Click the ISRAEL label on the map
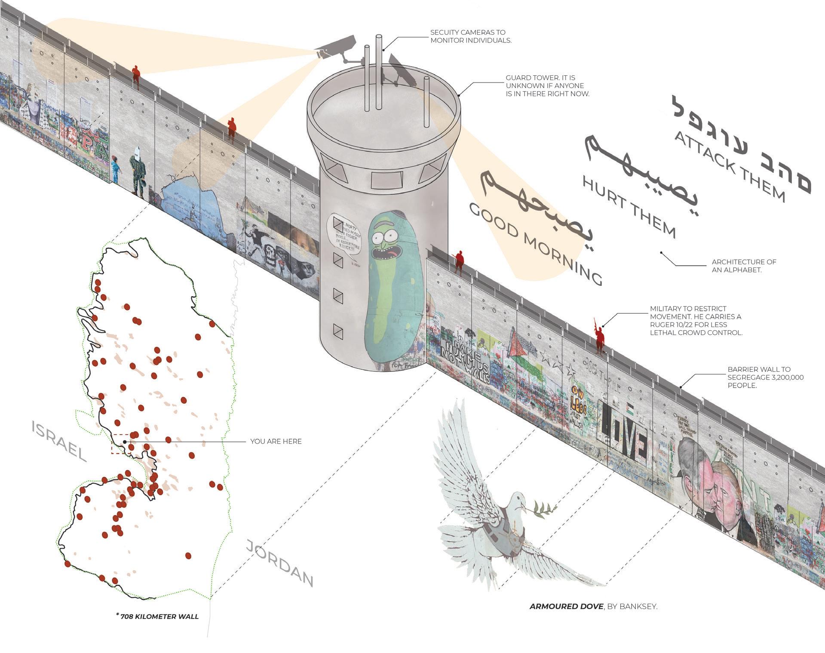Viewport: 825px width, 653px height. (59, 441)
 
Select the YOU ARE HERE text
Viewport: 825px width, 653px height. (276, 441)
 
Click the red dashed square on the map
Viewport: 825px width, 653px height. (121, 444)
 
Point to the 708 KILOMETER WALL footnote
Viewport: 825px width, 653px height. (158, 616)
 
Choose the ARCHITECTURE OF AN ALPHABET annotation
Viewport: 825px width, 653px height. (744, 266)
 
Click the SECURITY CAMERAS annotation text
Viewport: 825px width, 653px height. (470, 36)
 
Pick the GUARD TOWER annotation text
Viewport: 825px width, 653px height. (547, 86)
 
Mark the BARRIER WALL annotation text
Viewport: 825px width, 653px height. (765, 377)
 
